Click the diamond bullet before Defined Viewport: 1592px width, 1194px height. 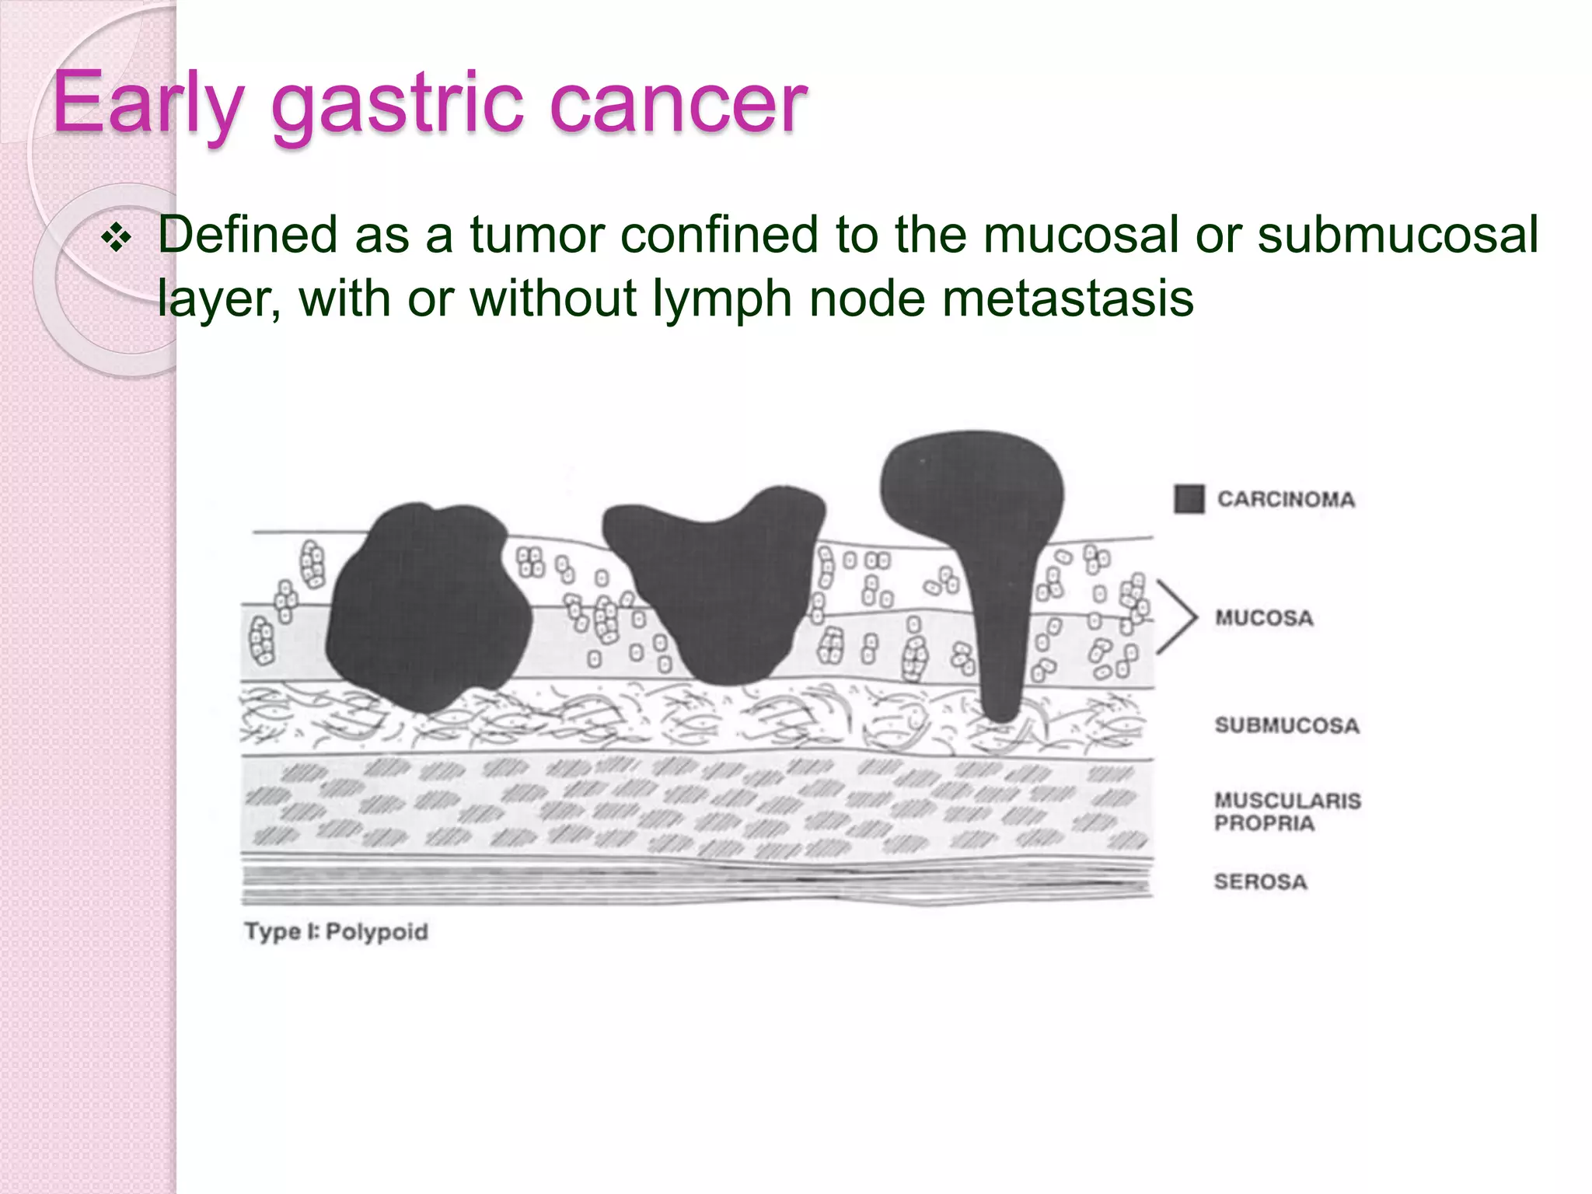(x=117, y=239)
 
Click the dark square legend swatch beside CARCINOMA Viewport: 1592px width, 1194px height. (x=1189, y=499)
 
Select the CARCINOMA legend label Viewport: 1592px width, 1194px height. (x=1286, y=499)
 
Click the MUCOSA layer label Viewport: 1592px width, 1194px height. (x=1264, y=618)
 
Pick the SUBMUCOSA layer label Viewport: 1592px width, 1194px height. (x=1287, y=725)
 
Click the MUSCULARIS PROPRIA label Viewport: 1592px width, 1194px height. (x=1287, y=812)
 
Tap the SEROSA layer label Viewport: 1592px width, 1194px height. (x=1260, y=882)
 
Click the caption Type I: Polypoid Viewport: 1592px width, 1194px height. (x=336, y=931)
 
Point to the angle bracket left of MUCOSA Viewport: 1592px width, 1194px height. (x=1177, y=617)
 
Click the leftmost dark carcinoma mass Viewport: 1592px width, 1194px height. (x=428, y=606)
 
